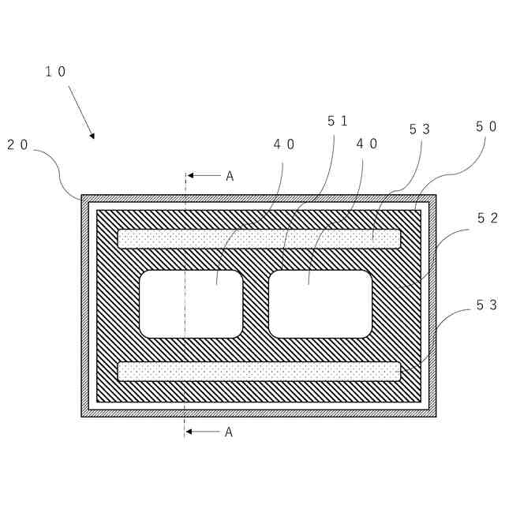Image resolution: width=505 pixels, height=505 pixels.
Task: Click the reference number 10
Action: pyautogui.click(x=55, y=72)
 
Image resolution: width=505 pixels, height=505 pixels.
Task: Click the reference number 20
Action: pyautogui.click(x=18, y=144)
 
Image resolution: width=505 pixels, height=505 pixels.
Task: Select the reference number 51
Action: pyautogui.click(x=337, y=121)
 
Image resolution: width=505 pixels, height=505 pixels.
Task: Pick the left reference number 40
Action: pyautogui.click(x=284, y=144)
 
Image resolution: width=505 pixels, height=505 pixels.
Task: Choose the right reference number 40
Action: pyautogui.click(x=367, y=144)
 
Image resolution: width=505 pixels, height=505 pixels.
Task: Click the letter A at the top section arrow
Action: pyautogui.click(x=230, y=176)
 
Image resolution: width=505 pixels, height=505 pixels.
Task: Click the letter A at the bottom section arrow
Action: pyautogui.click(x=230, y=432)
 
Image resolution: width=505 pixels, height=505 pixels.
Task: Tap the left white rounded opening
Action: pyautogui.click(x=191, y=304)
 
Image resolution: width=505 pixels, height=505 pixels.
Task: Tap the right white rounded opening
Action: pyautogui.click(x=320, y=304)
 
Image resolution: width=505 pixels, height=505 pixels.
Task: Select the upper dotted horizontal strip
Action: pyautogui.click(x=259, y=238)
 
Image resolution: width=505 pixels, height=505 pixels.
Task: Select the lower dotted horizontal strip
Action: pyautogui.click(x=259, y=371)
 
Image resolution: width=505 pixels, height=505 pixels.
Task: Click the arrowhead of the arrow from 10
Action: pyautogui.click(x=92, y=136)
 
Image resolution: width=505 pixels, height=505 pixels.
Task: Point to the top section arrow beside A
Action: pyautogui.click(x=203, y=176)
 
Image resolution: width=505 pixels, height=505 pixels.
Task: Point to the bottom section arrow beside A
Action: pyautogui.click(x=203, y=432)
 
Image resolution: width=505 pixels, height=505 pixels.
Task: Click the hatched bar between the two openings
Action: pyautogui.click(x=256, y=304)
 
